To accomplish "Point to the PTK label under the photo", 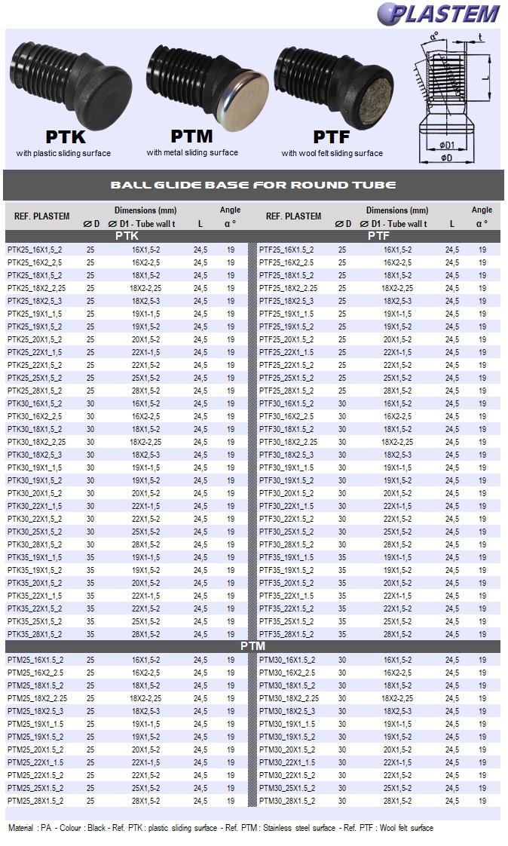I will point(66,137).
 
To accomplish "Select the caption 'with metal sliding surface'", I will point(192,153).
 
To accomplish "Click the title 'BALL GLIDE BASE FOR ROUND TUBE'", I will point(253,185).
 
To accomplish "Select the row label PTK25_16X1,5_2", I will point(35,250).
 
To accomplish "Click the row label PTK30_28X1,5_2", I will point(35,544).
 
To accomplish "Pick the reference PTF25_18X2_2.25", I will point(288,288).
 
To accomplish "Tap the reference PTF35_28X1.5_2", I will point(286,634).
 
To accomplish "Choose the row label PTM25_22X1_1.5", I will point(35,762).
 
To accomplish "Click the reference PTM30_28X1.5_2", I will point(287,801).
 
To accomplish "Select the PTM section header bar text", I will point(253,646).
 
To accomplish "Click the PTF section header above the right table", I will point(378,236).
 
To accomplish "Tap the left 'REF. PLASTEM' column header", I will point(42,216).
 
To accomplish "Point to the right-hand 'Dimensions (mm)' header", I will point(397,210).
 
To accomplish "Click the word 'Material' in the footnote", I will point(22,828).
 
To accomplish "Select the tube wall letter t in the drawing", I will point(481,36).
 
